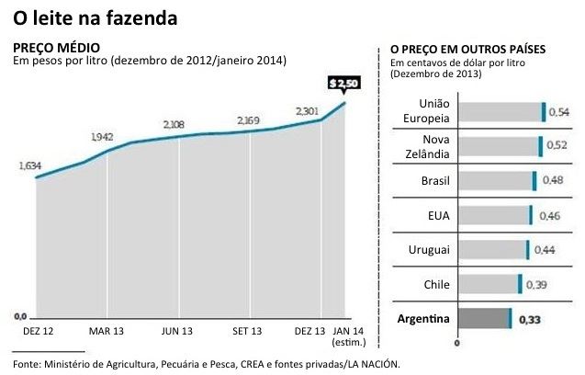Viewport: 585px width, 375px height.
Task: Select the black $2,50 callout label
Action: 344,84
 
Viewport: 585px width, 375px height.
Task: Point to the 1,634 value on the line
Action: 30,166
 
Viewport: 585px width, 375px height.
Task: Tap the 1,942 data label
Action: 102,136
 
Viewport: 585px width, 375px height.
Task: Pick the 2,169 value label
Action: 248,120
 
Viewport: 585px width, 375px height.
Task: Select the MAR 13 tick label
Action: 107,329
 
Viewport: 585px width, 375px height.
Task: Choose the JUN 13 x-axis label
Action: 177,329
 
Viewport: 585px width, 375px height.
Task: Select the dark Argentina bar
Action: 484,318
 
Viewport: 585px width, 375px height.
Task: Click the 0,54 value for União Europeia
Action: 558,111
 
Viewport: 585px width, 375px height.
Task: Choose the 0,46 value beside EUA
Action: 551,215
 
